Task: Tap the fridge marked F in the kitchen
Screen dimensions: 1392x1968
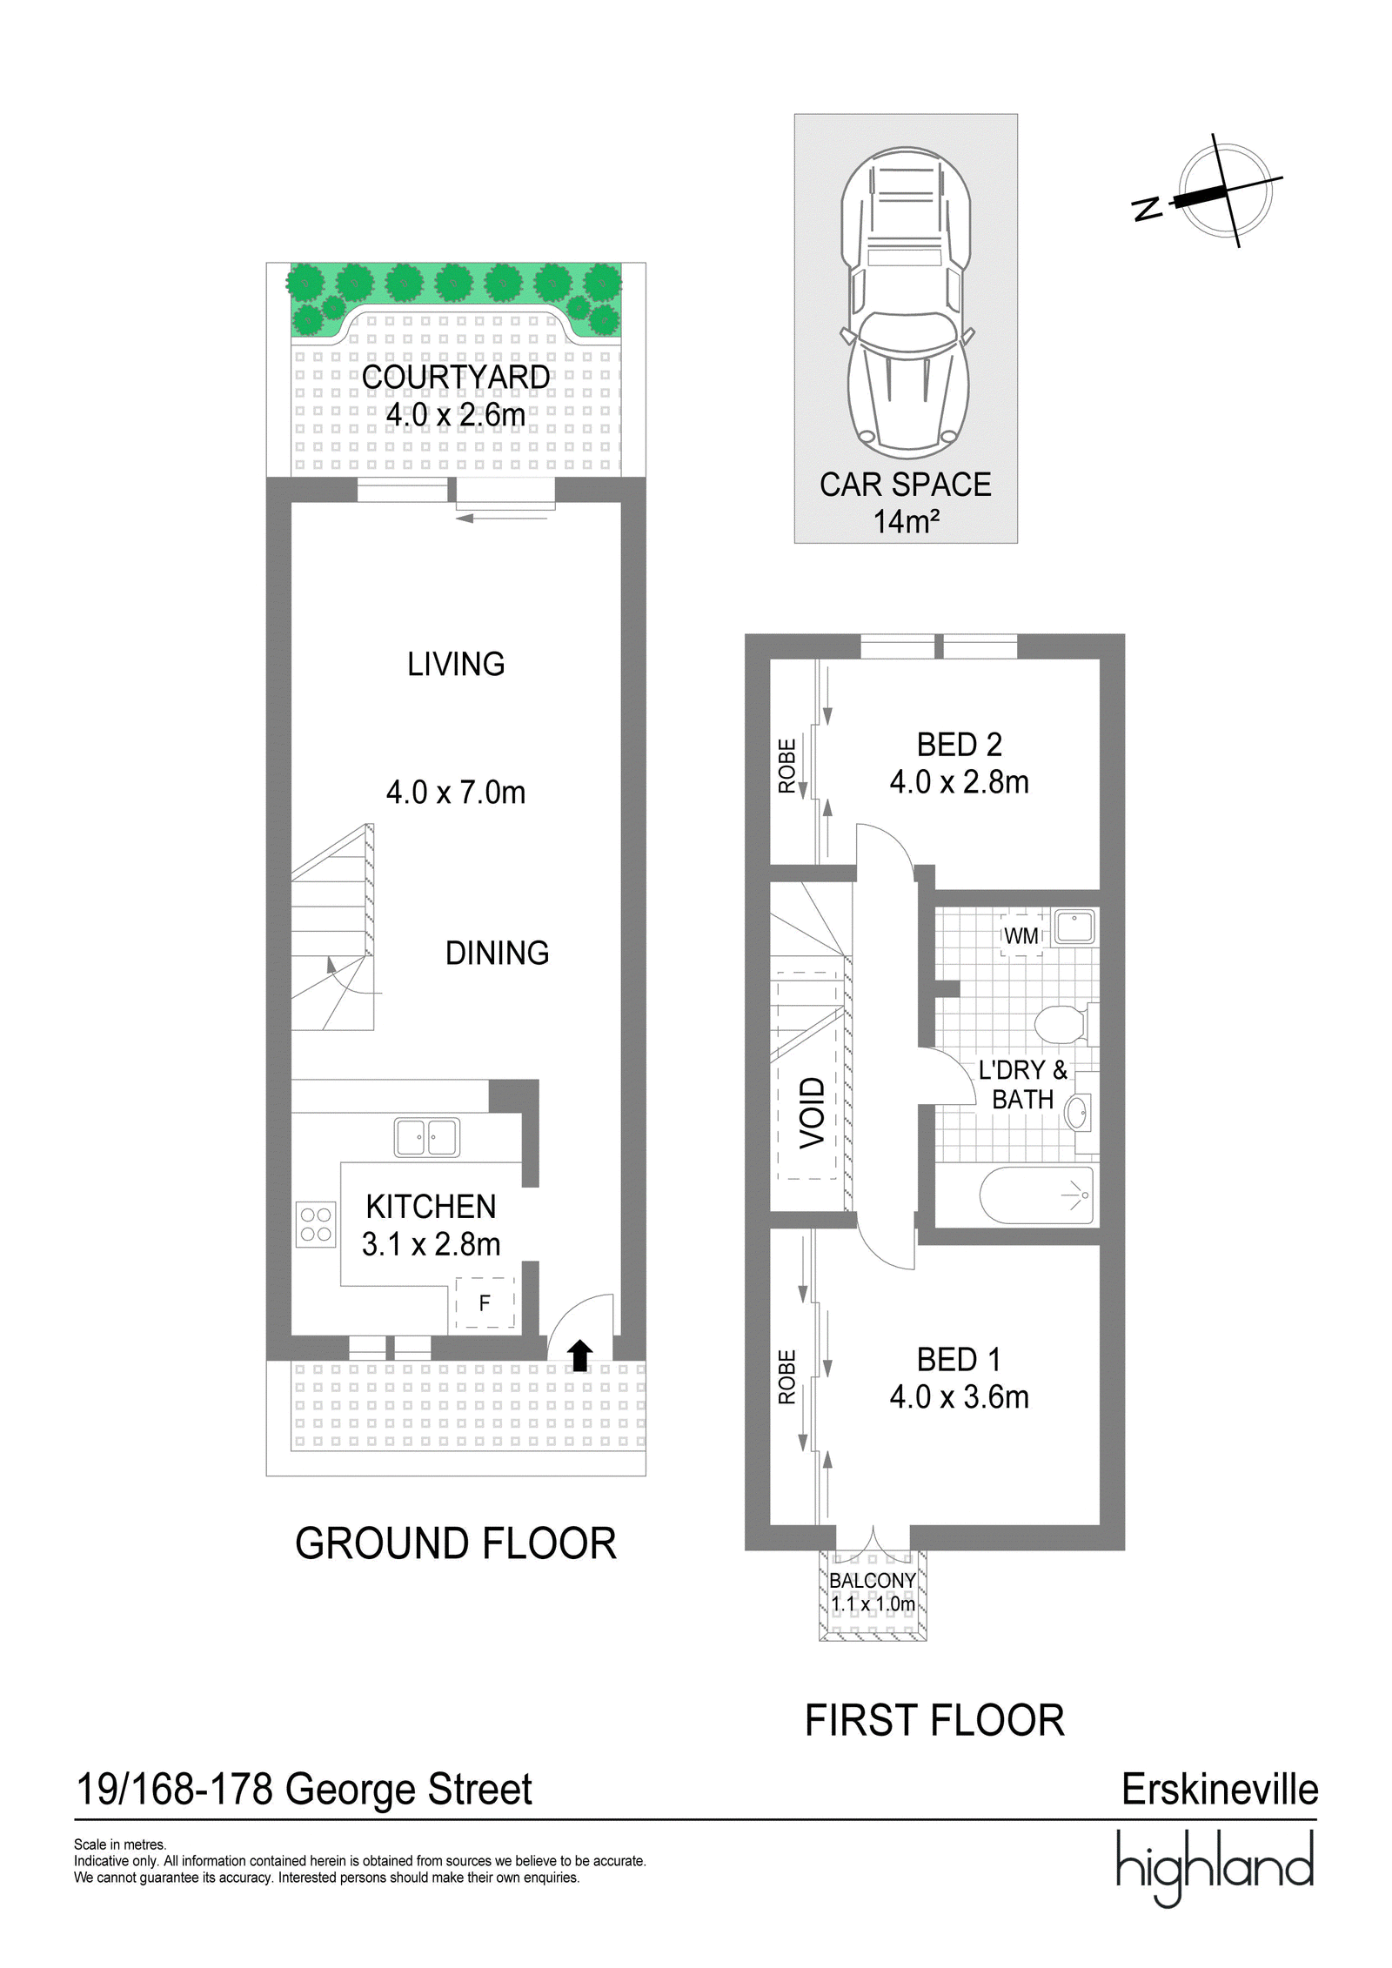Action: tap(485, 1302)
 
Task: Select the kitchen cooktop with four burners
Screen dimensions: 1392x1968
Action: tap(316, 1223)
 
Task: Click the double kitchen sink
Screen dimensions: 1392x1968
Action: tap(427, 1137)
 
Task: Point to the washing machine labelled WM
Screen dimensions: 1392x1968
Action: tap(1021, 936)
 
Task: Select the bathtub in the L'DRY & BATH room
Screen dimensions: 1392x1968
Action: tap(1036, 1195)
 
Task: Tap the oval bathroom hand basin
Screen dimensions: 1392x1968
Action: tap(1077, 1113)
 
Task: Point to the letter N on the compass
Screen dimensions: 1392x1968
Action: tap(1148, 209)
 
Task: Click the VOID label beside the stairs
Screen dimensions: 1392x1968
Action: tap(812, 1113)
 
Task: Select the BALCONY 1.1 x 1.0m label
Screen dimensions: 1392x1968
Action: tap(873, 1591)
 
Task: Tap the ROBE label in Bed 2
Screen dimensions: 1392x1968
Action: tap(787, 766)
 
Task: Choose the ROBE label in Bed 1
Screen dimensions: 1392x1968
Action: tap(787, 1377)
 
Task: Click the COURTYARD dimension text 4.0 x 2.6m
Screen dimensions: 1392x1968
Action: tap(456, 415)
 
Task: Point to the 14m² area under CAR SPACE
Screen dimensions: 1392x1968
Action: tap(906, 522)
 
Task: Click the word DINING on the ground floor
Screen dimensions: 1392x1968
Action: tap(497, 954)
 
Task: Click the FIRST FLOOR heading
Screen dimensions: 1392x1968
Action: tap(934, 1721)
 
